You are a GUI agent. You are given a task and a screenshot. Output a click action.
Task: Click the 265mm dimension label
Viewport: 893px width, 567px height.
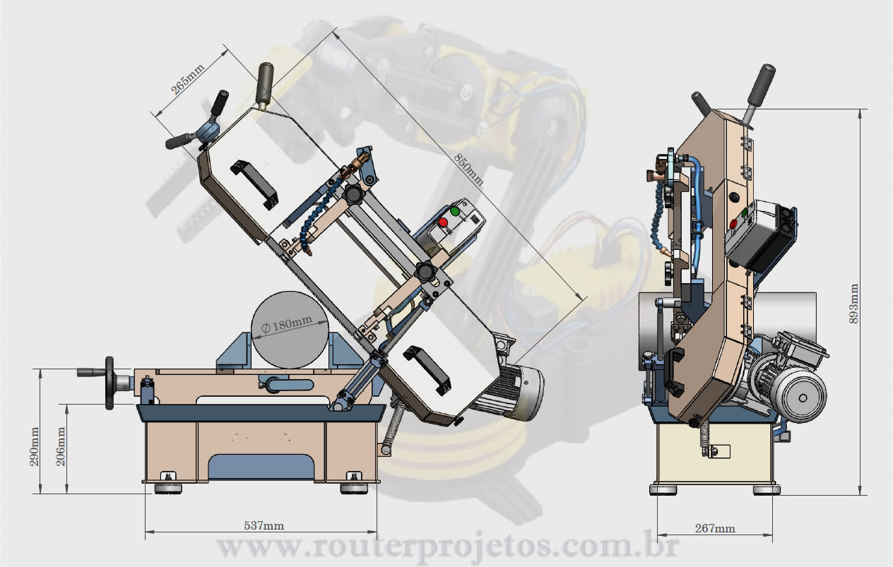point(187,78)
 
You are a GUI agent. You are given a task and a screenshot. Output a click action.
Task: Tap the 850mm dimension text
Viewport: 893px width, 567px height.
point(469,169)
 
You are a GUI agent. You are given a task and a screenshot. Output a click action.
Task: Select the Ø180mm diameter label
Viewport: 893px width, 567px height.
point(287,324)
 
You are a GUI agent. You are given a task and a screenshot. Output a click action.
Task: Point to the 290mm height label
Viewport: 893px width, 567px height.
point(35,446)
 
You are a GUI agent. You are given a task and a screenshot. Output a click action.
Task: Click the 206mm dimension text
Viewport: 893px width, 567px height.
point(61,446)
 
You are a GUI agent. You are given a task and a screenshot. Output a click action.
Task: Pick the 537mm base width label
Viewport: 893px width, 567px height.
point(264,525)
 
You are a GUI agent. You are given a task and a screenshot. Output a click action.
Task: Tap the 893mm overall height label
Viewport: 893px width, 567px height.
point(853,304)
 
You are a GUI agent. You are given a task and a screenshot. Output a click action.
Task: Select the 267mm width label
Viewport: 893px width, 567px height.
point(715,528)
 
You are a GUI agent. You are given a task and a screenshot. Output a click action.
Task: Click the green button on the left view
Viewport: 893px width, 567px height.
point(455,211)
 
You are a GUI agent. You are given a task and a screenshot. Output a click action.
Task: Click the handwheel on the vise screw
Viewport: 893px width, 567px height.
point(110,383)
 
